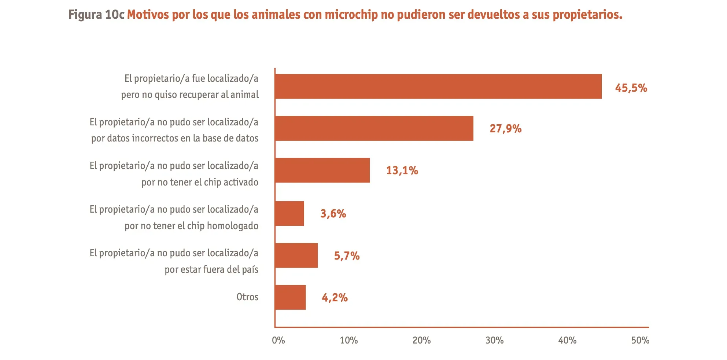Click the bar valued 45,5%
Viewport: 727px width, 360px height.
(438, 87)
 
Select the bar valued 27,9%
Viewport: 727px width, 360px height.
(374, 128)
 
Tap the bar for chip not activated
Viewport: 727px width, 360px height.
(322, 170)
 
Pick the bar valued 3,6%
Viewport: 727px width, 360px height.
(289, 213)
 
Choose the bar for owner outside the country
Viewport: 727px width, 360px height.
(296, 255)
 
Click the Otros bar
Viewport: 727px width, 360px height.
(290, 297)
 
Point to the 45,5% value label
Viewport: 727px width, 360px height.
(631, 88)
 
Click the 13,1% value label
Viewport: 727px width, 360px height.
(402, 170)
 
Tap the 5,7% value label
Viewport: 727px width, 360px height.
(347, 256)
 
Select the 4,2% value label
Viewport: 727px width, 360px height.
(335, 298)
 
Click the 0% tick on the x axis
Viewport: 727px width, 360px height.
(278, 341)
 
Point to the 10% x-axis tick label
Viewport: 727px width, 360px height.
(349, 341)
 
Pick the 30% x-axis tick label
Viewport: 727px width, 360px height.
(494, 341)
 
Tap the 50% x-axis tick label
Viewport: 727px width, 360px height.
(640, 341)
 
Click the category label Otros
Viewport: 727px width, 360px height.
(247, 297)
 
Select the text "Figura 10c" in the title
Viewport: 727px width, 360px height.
(96, 15)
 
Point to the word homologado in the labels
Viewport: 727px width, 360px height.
(233, 226)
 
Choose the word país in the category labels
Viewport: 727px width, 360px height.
(250, 269)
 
